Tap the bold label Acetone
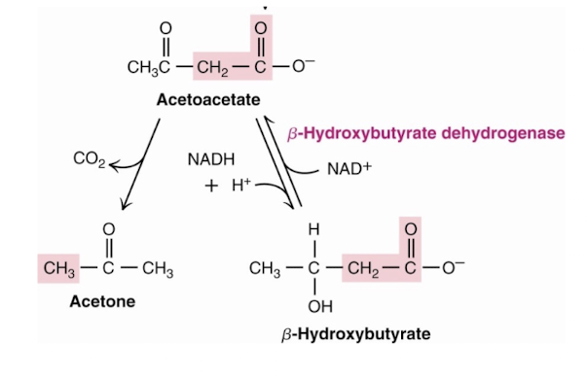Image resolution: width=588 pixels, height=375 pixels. (102, 301)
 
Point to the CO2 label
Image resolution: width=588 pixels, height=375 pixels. (88, 157)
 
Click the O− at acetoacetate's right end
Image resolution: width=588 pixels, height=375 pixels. (299, 68)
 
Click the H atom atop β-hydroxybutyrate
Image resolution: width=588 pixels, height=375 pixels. (313, 229)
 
